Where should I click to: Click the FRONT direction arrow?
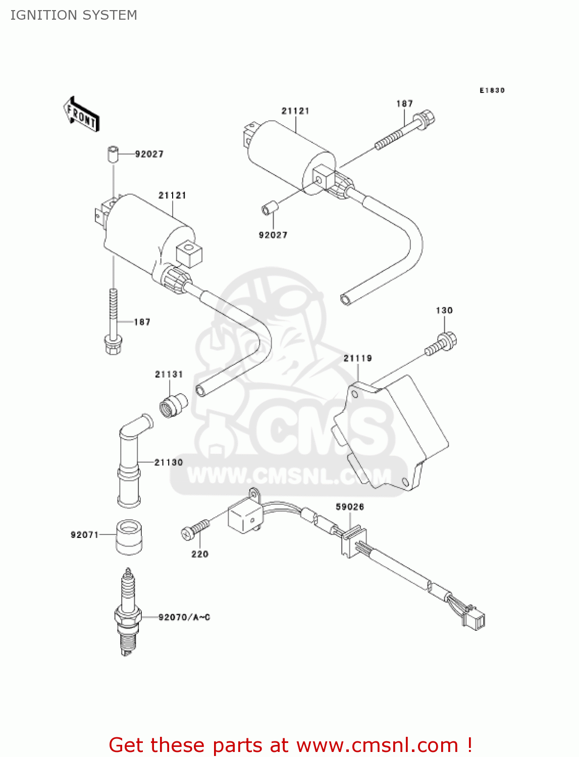pyautogui.click(x=81, y=114)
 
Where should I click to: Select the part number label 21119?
pyautogui.click(x=357, y=358)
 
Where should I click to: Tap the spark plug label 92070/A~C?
pyautogui.click(x=184, y=617)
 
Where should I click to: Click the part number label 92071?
pyautogui.click(x=84, y=534)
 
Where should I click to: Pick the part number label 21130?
pyautogui.click(x=169, y=462)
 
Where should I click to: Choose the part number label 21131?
pyautogui.click(x=169, y=374)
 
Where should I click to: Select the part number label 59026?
pyautogui.click(x=350, y=507)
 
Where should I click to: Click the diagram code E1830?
pyautogui.click(x=492, y=90)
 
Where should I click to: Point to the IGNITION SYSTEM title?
pyautogui.click(x=74, y=15)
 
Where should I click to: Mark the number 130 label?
pyautogui.click(x=444, y=310)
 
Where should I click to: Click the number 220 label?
pyautogui.click(x=200, y=554)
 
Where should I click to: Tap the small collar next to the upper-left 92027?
pyautogui.click(x=113, y=153)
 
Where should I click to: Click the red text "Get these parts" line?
pyautogui.click(x=290, y=745)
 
